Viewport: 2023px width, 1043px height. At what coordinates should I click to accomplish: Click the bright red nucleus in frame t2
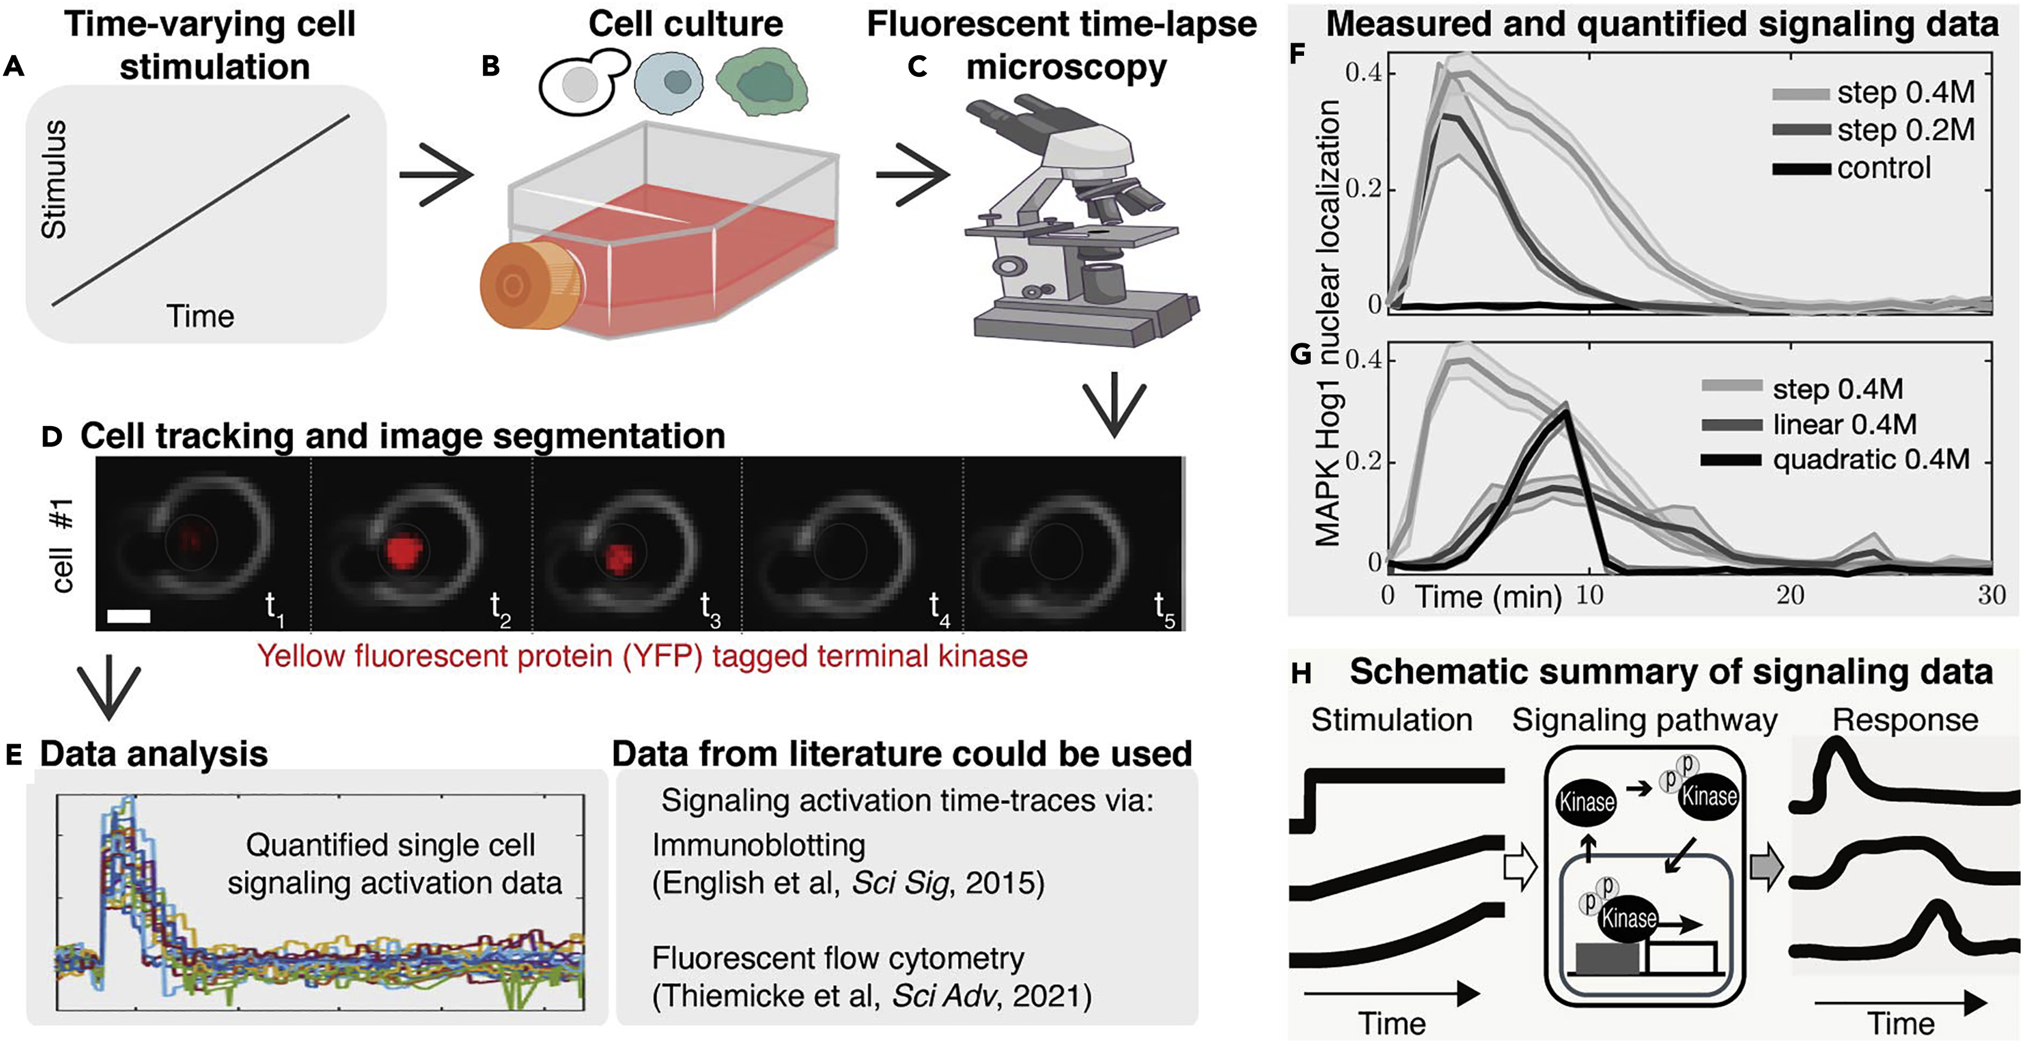(x=405, y=553)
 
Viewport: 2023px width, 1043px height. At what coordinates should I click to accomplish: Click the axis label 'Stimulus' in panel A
(x=54, y=180)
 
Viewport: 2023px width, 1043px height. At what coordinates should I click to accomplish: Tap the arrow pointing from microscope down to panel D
(x=1114, y=409)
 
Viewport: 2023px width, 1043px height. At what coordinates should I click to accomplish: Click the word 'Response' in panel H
(x=1905, y=720)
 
